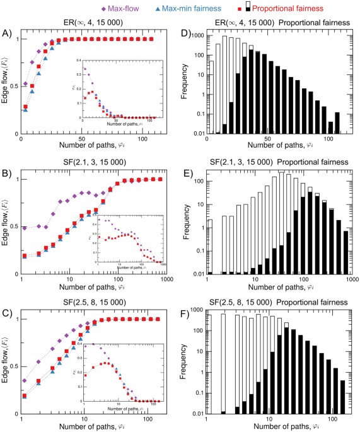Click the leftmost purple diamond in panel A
click(25, 83)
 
